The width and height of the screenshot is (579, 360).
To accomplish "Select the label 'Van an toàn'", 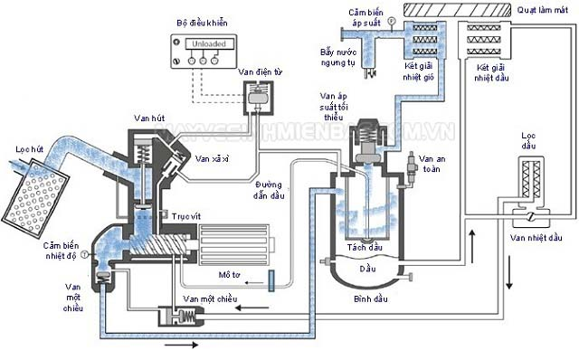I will [433, 168].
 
